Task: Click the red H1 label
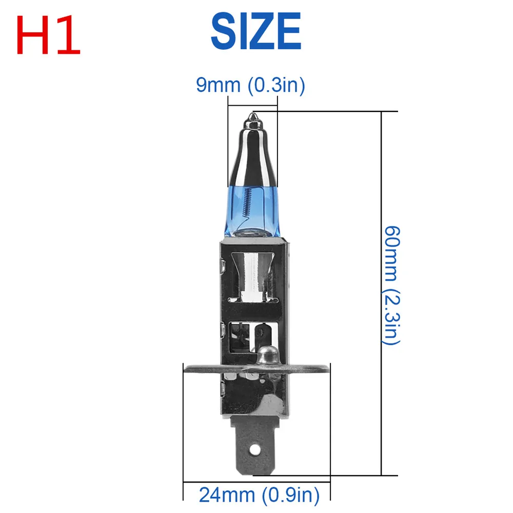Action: click(48, 35)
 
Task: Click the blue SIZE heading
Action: click(256, 31)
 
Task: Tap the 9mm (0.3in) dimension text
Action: click(251, 85)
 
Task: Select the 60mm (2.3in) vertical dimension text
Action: click(391, 285)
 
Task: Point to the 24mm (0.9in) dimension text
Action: click(260, 495)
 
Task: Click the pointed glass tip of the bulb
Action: click(253, 116)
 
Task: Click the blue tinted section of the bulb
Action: click(252, 211)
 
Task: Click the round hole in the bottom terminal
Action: click(255, 450)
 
